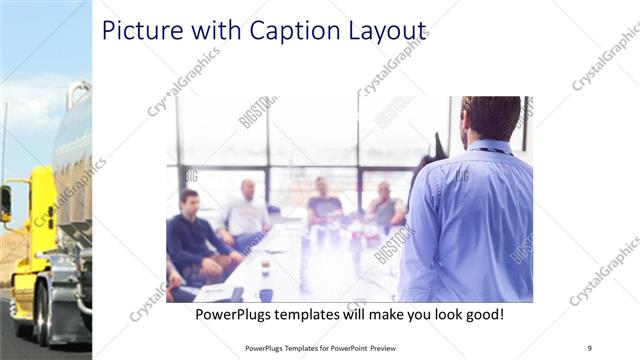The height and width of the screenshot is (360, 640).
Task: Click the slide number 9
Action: pyautogui.click(x=589, y=347)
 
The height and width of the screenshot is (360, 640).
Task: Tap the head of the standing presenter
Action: pyautogui.click(x=490, y=118)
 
